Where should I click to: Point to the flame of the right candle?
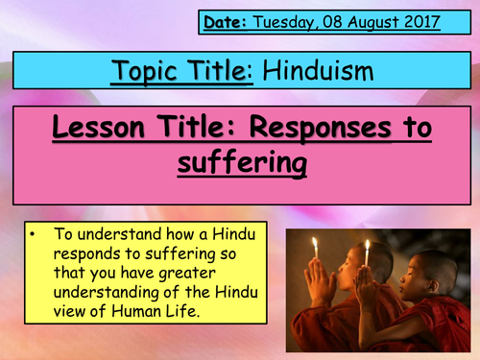366,246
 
